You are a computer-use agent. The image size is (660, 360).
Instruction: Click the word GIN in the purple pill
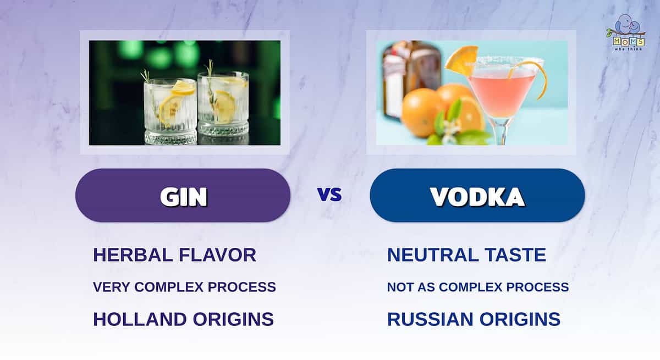tap(184, 197)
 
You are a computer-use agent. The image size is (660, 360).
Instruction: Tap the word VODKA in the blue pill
tap(477, 197)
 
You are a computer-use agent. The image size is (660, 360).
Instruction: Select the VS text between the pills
tap(329, 195)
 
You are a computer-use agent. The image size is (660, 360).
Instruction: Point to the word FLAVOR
tap(217, 255)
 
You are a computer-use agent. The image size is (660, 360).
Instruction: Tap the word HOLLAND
tap(140, 319)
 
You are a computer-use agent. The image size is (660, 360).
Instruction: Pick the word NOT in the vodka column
tap(400, 287)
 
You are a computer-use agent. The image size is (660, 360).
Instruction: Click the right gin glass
tap(223, 107)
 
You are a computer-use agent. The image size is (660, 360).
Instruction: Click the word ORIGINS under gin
tap(233, 319)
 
